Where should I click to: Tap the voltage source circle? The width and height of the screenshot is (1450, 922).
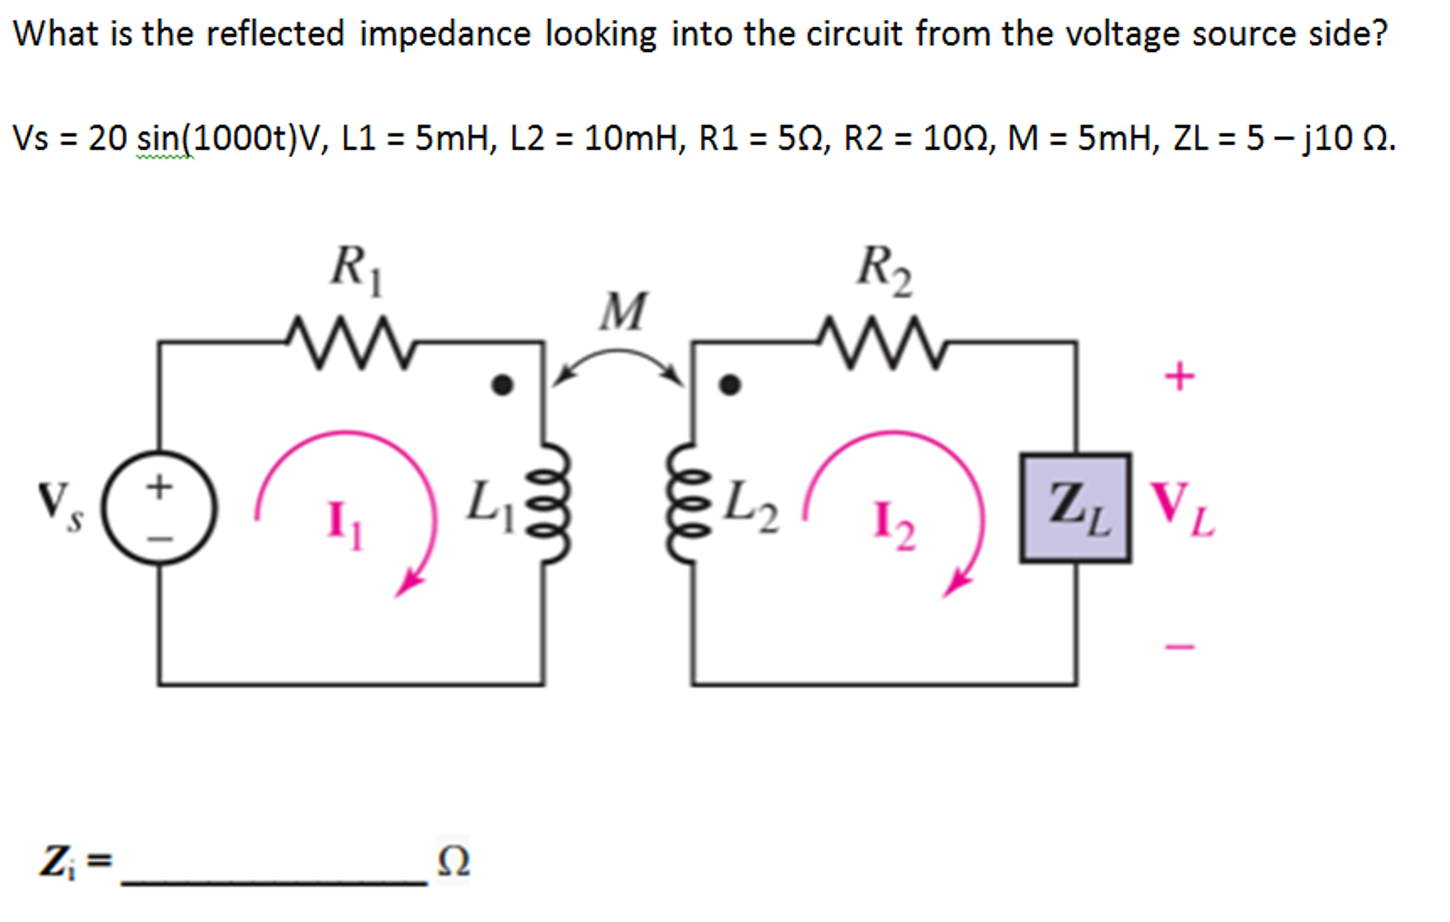click(159, 507)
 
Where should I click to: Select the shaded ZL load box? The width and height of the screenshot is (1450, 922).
click(1075, 508)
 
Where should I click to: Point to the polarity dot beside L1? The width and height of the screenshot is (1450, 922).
click(502, 385)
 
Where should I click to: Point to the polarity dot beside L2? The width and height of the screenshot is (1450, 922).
click(730, 385)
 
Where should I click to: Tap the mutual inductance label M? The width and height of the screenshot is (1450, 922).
click(623, 312)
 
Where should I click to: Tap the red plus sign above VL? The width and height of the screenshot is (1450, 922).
click(1179, 376)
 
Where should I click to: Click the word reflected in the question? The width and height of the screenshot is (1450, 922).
click(275, 33)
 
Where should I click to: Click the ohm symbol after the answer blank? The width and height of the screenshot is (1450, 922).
click(453, 860)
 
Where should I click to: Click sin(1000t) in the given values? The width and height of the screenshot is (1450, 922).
click(216, 137)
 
